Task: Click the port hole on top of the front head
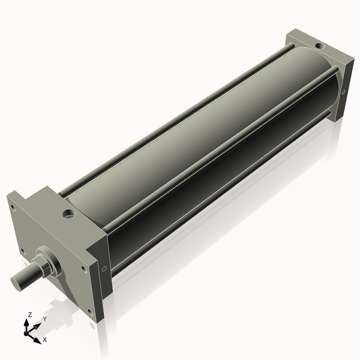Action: (69, 213)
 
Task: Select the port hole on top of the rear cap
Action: (318, 45)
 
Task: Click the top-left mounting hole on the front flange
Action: (11, 208)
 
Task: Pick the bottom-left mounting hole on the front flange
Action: (22, 251)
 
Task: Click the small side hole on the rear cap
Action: (343, 92)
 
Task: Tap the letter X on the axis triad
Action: (44, 340)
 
